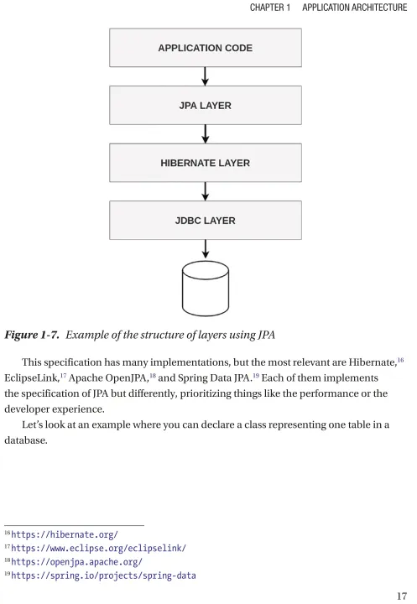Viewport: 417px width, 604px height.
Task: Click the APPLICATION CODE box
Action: coord(206,48)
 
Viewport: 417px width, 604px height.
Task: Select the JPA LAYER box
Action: coord(206,105)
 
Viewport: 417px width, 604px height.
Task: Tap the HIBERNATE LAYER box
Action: coord(206,163)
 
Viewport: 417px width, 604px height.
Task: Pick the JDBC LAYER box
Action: coord(206,220)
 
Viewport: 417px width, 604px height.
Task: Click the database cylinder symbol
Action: coord(206,289)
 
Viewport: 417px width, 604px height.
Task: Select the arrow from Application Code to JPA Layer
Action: coord(206,76)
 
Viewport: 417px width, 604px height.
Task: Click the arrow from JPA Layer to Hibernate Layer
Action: coord(206,134)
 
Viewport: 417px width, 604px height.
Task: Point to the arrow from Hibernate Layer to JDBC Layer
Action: coord(206,191)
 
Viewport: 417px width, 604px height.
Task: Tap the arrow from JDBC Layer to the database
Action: coord(206,249)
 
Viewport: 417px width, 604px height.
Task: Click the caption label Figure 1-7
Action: coord(32,335)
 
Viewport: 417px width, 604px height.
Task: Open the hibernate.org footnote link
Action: coord(65,534)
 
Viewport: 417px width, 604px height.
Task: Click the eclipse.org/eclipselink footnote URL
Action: coord(99,548)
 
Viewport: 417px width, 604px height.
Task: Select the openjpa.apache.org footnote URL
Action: coord(76,562)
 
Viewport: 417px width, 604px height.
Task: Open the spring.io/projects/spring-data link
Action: coord(103,575)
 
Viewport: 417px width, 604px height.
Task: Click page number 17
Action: coord(402,596)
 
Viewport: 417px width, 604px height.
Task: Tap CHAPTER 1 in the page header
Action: coord(270,8)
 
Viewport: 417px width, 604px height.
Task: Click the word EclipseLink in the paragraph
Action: coord(31,377)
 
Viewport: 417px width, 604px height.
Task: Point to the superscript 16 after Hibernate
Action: coord(400,360)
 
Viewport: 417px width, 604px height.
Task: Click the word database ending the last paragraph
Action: coord(25,440)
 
